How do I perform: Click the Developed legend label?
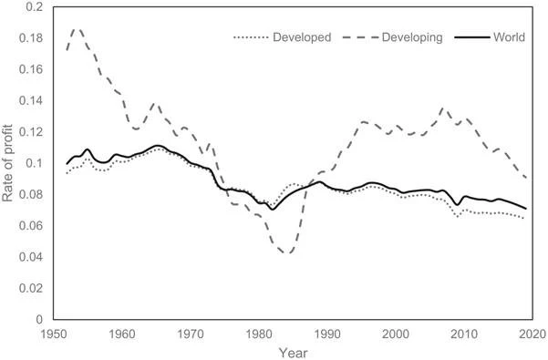click(x=302, y=37)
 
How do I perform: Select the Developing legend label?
click(x=412, y=37)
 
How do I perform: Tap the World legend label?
click(x=509, y=37)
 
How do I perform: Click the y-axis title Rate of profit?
click(x=7, y=163)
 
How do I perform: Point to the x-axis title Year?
click(x=294, y=353)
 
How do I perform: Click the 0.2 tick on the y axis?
click(x=34, y=6)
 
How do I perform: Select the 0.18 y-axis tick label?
click(x=31, y=38)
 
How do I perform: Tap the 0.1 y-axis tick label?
click(x=34, y=163)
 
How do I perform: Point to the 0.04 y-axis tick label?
click(x=31, y=257)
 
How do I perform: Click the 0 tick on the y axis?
click(x=39, y=319)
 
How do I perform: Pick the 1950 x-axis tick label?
click(x=54, y=334)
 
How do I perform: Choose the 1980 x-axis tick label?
click(x=259, y=334)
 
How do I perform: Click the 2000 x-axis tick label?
click(x=396, y=334)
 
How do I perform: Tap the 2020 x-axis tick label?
click(x=532, y=334)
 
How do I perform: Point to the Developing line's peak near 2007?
click(x=443, y=109)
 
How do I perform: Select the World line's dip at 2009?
click(x=457, y=205)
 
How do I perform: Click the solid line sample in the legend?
click(x=471, y=37)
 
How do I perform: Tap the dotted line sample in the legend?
click(x=251, y=37)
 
